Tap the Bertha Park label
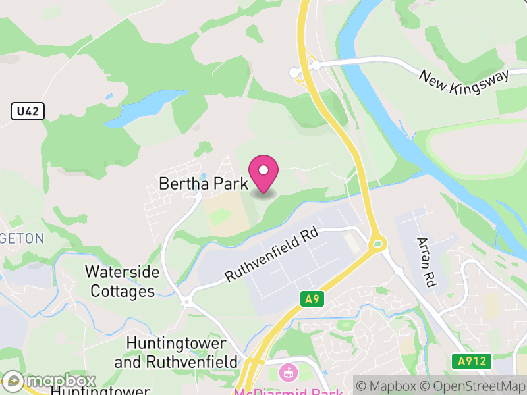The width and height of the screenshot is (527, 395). coord(203,184)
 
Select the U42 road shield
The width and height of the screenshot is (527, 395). coord(28,111)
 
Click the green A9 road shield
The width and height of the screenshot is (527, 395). coord(313,300)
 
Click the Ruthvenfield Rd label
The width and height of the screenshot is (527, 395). coord(272,255)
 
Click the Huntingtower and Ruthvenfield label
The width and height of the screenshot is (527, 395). coord(176,353)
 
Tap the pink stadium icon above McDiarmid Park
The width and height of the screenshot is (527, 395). coord(288,373)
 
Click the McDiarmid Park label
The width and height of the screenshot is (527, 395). coord(289,391)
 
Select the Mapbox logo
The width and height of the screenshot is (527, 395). coord(50,381)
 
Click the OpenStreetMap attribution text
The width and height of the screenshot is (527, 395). coord(472,386)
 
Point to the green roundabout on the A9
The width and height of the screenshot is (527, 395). coord(377,244)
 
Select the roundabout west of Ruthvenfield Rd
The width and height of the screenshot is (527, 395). coord(187,303)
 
